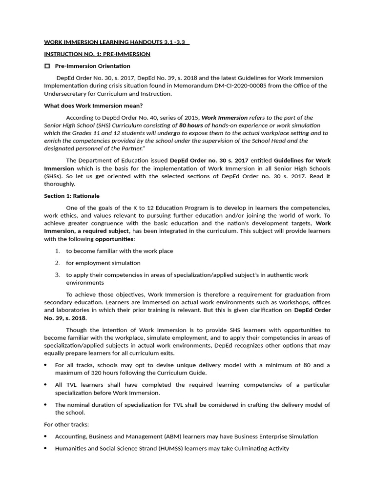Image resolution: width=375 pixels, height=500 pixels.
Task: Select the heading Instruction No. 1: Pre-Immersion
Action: click(x=97, y=54)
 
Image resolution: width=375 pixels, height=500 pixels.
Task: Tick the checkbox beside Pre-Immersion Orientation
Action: click(x=47, y=66)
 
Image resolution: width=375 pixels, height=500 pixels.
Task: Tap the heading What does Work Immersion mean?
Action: click(x=93, y=105)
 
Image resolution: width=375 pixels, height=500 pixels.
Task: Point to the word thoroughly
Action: click(x=60, y=184)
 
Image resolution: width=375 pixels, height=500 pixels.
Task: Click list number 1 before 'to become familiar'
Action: click(x=57, y=251)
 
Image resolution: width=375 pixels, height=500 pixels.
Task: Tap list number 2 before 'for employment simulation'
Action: click(x=57, y=263)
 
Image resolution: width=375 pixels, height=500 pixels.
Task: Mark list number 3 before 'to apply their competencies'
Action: click(x=57, y=275)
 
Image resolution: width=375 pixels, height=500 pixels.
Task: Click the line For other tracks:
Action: click(x=66, y=424)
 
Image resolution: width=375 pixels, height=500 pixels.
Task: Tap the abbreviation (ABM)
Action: click(x=167, y=437)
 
